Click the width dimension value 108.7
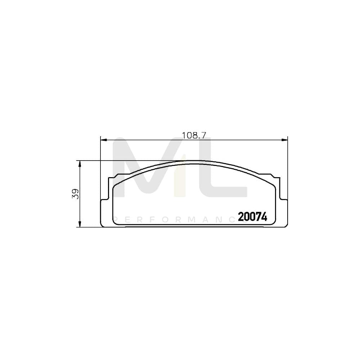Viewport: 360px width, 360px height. (194, 136)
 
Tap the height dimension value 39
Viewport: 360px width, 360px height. (75, 194)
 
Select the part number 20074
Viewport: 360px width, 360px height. (252, 217)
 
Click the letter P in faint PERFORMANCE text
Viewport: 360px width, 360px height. (116, 219)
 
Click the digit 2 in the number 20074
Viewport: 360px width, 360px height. (241, 217)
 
